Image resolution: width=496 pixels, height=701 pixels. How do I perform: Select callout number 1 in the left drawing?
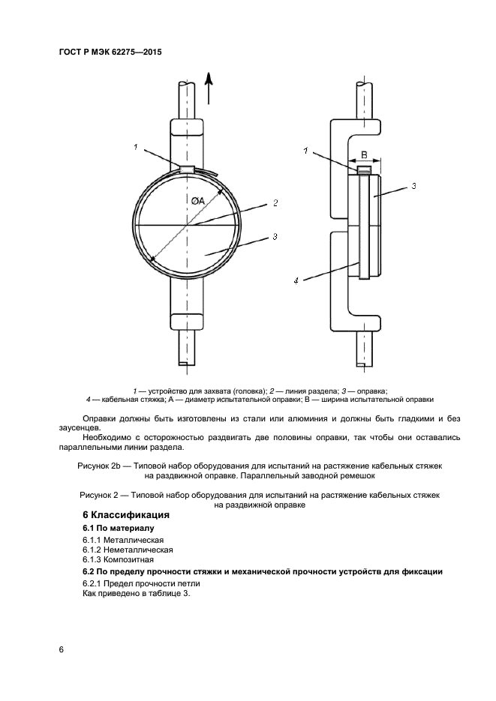(x=136, y=148)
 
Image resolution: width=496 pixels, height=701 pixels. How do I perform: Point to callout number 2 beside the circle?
(x=275, y=202)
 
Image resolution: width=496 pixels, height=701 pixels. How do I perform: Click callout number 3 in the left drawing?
(x=275, y=236)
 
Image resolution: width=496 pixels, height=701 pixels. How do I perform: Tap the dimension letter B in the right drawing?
(x=365, y=154)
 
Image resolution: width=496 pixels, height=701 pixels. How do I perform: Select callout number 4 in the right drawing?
(x=296, y=280)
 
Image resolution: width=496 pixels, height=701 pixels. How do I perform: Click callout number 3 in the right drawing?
(x=413, y=185)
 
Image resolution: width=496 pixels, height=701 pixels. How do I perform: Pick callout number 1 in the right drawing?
(x=306, y=151)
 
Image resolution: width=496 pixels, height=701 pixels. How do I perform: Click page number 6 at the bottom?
(x=61, y=649)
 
